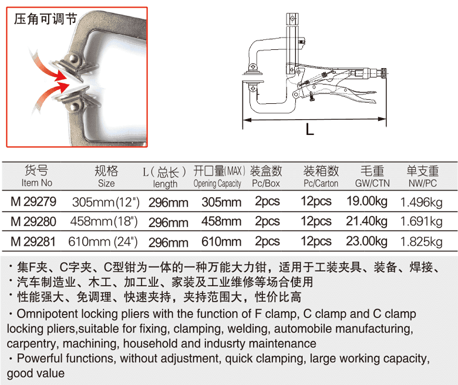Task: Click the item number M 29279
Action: pos(34,202)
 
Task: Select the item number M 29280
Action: pos(34,222)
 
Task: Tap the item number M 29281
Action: pos(34,241)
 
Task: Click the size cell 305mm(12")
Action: pos(106,202)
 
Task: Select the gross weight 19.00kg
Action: pos(367,202)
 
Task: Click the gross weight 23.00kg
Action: pos(367,241)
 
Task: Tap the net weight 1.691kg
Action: pos(421,222)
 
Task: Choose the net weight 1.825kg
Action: pos(421,241)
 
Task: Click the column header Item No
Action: pos(36,183)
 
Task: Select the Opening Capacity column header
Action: pos(217,184)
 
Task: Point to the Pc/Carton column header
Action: pos(321,183)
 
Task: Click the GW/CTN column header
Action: pos(372,183)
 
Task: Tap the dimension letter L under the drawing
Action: pos(309,129)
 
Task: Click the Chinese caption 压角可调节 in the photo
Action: pos(46,18)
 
